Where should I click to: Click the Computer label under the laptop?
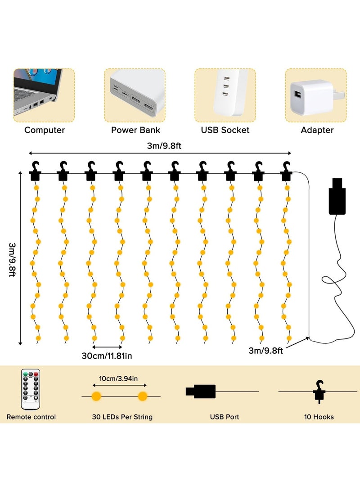tap(45, 130)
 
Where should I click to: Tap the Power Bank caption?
tap(135, 130)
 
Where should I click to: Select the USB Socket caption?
tap(225, 130)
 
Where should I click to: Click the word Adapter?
tap(317, 130)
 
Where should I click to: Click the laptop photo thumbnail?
tap(44, 95)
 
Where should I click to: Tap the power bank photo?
tap(135, 95)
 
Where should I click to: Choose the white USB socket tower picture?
tap(225, 95)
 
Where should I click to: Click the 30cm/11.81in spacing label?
tap(107, 356)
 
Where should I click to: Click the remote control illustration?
tap(31, 389)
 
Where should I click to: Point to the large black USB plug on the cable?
tap(337, 196)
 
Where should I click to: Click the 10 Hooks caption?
tap(319, 417)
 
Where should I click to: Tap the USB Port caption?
tap(224, 417)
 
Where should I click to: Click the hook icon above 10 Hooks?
tap(319, 391)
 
